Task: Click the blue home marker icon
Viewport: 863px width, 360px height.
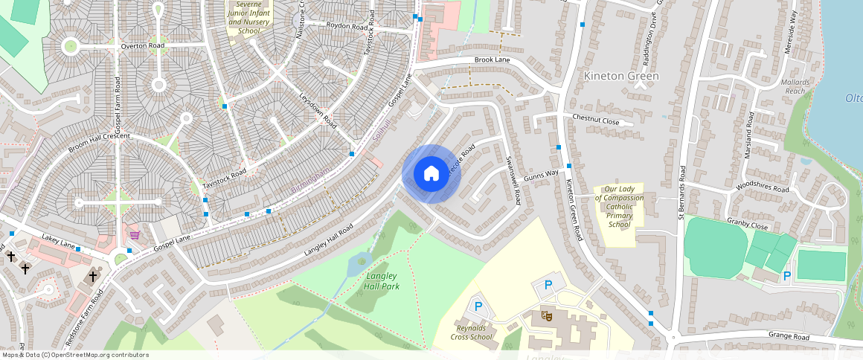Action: tap(431, 174)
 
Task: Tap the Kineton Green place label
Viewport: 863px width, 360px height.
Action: tap(621, 76)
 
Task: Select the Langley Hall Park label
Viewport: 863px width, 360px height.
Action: tap(382, 281)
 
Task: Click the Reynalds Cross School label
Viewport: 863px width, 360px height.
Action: tap(471, 332)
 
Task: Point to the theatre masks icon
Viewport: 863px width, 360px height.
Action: tap(547, 315)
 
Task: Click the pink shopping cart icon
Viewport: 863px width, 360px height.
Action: tap(135, 235)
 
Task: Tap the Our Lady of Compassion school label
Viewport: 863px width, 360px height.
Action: tap(619, 207)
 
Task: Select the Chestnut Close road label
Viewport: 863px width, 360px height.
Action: tap(595, 119)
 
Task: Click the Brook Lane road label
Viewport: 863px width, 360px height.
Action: tap(492, 60)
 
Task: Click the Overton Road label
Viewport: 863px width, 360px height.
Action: tap(142, 46)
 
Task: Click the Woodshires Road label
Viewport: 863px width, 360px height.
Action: tap(762, 189)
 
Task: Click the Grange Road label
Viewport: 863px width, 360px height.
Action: tap(788, 337)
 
